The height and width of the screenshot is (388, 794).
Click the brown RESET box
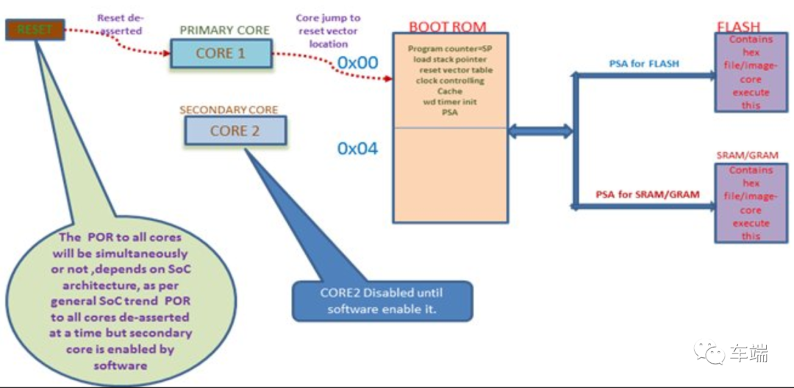(x=34, y=29)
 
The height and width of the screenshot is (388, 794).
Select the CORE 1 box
(x=220, y=54)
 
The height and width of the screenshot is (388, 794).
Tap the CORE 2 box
(x=235, y=131)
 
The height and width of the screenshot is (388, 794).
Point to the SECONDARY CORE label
(x=229, y=110)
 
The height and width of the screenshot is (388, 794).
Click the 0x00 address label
(x=357, y=63)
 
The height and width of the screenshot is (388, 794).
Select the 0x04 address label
(x=357, y=148)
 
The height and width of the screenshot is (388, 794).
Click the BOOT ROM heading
(x=447, y=27)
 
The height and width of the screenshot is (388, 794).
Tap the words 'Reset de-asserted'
(x=119, y=24)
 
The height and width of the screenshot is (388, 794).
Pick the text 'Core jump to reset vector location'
(x=328, y=30)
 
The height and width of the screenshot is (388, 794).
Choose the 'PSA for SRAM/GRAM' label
(x=647, y=195)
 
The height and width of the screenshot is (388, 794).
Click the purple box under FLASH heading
(x=750, y=73)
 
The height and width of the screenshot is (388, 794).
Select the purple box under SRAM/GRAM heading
(x=750, y=203)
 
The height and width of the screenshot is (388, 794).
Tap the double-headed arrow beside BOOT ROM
(x=540, y=132)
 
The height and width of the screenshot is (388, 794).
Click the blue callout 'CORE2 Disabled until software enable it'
(x=382, y=301)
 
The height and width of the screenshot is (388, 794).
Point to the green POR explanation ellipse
(x=116, y=301)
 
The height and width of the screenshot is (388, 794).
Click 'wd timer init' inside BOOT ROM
(x=449, y=102)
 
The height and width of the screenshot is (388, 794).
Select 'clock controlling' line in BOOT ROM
(x=450, y=81)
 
